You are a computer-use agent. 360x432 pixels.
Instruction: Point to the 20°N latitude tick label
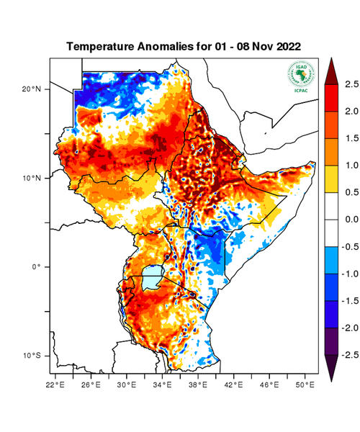click(x=32, y=89)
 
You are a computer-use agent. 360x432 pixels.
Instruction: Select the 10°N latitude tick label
click(x=32, y=178)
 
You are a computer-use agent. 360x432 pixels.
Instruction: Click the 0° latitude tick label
click(x=36, y=267)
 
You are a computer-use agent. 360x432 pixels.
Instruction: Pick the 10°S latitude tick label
click(x=32, y=356)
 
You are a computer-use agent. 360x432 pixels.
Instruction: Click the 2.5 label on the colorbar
click(x=351, y=84)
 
